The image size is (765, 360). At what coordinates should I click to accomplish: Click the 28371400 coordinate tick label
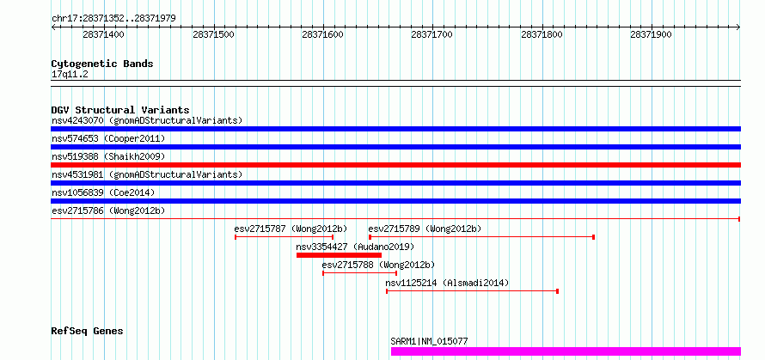click(103, 34)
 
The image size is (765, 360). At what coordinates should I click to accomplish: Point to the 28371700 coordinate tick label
click(431, 34)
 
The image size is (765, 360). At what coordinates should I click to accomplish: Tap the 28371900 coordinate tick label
click(651, 34)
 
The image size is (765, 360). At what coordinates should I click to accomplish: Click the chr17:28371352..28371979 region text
click(113, 19)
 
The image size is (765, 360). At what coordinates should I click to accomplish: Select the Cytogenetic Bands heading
click(102, 64)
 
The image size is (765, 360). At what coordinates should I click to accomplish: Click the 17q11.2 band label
click(70, 75)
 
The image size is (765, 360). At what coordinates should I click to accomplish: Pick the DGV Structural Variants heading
click(120, 110)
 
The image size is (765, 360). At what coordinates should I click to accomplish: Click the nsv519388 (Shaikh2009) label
click(108, 156)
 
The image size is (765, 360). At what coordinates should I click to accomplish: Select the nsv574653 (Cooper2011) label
click(108, 138)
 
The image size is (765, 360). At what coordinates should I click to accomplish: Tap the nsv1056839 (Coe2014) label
click(103, 192)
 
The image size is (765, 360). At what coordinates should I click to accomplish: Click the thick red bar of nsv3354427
click(339, 255)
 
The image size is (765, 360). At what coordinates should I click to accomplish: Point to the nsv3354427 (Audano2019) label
click(355, 247)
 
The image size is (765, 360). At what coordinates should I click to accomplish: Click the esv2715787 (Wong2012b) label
click(291, 229)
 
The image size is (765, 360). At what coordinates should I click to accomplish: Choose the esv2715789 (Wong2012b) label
click(425, 229)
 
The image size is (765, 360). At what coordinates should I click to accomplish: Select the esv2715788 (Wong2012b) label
click(378, 265)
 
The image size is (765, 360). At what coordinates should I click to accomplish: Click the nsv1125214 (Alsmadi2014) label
click(447, 283)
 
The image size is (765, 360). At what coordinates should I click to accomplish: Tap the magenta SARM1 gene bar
click(566, 351)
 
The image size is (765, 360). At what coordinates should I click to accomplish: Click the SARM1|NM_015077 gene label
click(429, 341)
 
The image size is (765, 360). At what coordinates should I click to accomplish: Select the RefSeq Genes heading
click(88, 332)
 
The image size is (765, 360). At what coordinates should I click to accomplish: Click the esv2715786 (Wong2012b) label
click(108, 211)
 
